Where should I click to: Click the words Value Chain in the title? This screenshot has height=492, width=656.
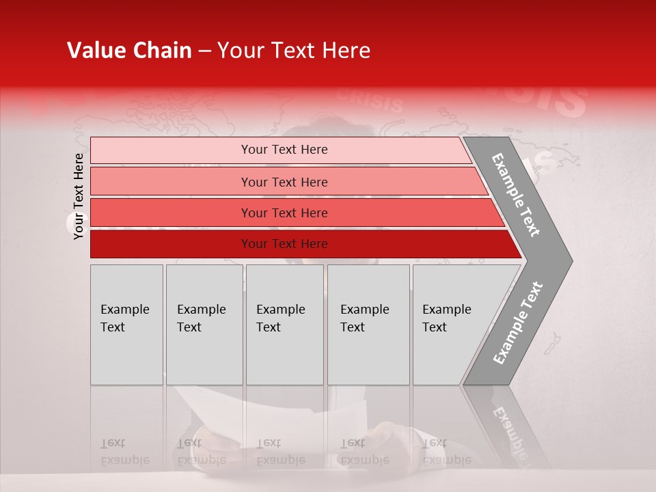tap(129, 51)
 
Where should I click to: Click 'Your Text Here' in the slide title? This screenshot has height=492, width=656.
tap(293, 51)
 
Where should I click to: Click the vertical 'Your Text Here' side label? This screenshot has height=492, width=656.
tap(79, 196)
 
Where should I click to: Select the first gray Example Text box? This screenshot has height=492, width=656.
tap(126, 325)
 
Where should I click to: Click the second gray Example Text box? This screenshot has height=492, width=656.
tap(204, 325)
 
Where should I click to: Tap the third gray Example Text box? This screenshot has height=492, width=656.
tap(284, 325)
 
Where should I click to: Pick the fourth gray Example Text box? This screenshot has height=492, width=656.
tap(368, 325)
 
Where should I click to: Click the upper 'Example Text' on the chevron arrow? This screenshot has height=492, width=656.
tap(516, 195)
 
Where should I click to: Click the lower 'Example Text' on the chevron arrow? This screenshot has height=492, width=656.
tap(518, 323)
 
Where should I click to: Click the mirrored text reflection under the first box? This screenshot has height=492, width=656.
tap(125, 452)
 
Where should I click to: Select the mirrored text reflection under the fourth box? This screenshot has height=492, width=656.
tap(364, 452)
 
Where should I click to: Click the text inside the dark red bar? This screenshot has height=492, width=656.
tap(284, 244)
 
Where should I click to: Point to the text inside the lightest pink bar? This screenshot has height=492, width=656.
tap(284, 150)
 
